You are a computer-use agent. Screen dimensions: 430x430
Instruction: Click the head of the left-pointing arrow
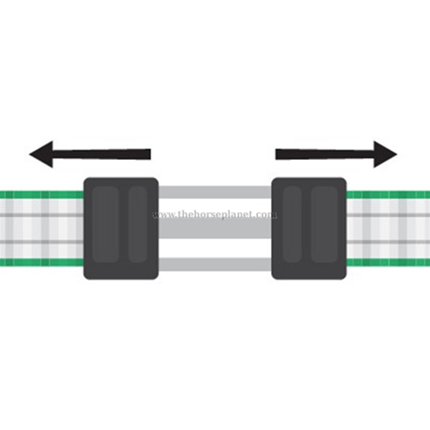(41, 154)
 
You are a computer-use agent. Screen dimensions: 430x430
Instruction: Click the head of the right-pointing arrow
(385, 154)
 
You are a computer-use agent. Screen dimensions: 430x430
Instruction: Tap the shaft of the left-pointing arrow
(101, 154)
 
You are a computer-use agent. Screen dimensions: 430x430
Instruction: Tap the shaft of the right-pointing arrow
(325, 154)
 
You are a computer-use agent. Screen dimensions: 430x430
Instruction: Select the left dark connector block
(121, 229)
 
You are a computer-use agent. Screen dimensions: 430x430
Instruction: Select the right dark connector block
(309, 229)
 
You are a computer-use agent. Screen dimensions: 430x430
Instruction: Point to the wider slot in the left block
(105, 224)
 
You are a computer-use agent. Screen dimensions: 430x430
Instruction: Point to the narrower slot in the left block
(138, 224)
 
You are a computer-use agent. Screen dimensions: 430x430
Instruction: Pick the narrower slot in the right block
(292, 224)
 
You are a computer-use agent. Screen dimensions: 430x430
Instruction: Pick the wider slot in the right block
(324, 224)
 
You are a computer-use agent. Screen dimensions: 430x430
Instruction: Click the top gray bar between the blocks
(215, 192)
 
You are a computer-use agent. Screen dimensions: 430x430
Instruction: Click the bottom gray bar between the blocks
(215, 264)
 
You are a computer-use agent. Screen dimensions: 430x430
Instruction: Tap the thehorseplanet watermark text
(215, 214)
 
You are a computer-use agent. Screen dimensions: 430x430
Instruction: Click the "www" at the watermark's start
(163, 215)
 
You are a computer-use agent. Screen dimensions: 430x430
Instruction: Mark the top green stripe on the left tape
(41, 195)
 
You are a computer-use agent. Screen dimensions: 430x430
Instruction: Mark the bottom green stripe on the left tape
(41, 262)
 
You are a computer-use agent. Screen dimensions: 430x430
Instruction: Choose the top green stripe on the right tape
(389, 195)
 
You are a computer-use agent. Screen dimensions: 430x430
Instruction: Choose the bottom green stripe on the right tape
(389, 262)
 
